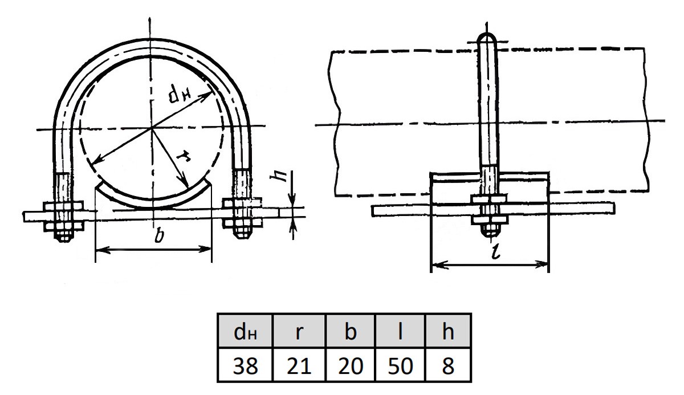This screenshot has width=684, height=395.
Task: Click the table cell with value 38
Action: (245, 365)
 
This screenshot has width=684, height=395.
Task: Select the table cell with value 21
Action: (299, 365)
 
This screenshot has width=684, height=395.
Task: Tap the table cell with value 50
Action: (400, 365)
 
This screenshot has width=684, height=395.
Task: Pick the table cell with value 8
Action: (447, 365)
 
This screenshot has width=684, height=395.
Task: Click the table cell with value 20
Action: (350, 365)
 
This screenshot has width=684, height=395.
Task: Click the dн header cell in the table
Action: (245, 331)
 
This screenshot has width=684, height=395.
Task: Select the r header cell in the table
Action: (299, 331)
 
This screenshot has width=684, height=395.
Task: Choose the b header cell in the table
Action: (350, 331)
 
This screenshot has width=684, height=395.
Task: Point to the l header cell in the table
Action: (400, 331)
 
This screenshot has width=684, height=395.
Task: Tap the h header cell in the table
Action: (447, 331)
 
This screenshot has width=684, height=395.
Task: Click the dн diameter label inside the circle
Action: (179, 94)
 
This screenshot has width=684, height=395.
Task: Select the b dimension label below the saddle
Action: (159, 235)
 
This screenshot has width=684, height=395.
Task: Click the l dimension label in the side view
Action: (495, 251)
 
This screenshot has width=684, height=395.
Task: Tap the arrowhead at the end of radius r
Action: (185, 182)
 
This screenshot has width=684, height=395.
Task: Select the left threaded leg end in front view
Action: (64, 236)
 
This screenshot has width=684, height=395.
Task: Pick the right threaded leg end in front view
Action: (242, 234)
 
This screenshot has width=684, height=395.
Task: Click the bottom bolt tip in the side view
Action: (490, 231)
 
